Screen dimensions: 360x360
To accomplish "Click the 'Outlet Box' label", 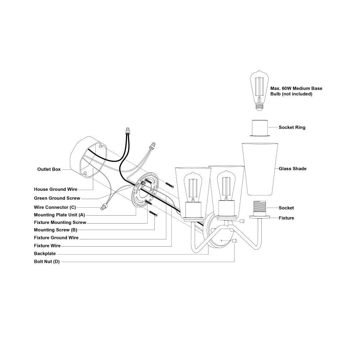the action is (49, 169).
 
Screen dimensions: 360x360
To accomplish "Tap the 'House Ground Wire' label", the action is (55, 189).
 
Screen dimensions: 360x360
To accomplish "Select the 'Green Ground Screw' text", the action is (57, 198).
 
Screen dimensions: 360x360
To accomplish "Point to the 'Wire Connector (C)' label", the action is (55, 207).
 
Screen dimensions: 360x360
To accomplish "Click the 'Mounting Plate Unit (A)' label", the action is (59, 215).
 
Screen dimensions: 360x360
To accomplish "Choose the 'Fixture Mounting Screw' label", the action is (60, 222).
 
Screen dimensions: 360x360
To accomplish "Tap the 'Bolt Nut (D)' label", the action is (47, 261).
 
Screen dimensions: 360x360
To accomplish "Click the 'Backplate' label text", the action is (45, 253).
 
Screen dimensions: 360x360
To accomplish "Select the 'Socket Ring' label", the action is (292, 127).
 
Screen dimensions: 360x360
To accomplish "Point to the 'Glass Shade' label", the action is (292, 169).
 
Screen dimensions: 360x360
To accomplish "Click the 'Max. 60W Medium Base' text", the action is (296, 89).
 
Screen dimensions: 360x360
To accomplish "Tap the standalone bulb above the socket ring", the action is (259, 91).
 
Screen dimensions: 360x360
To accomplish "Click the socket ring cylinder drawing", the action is (260, 128).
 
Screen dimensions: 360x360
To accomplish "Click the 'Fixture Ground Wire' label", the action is (56, 238).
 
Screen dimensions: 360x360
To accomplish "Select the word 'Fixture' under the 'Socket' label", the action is (286, 218).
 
